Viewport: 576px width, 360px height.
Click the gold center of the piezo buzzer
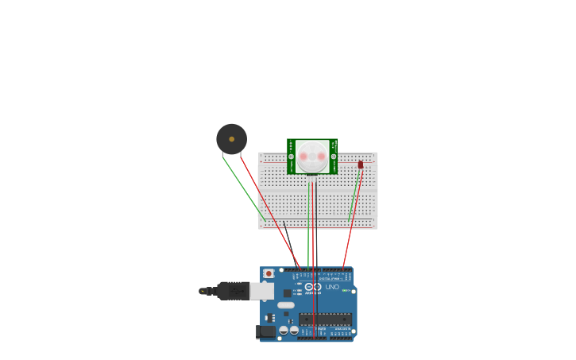point(232,139)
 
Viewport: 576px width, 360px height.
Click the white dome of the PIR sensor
point(312,157)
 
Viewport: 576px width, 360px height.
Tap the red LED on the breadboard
point(361,165)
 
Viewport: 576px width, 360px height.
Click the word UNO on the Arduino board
point(332,287)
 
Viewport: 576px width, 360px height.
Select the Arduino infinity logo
point(312,287)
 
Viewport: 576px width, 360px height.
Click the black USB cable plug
point(233,291)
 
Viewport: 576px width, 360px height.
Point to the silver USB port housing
point(261,291)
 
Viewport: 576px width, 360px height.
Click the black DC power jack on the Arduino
point(267,331)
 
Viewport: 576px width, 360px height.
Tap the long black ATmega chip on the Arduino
point(325,319)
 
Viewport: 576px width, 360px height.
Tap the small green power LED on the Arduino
point(345,290)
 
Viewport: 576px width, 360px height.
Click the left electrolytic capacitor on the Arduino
point(284,330)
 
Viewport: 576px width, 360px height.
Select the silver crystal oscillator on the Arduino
point(286,305)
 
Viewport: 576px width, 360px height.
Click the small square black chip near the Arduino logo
point(287,293)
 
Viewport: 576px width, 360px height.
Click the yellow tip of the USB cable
point(202,291)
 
